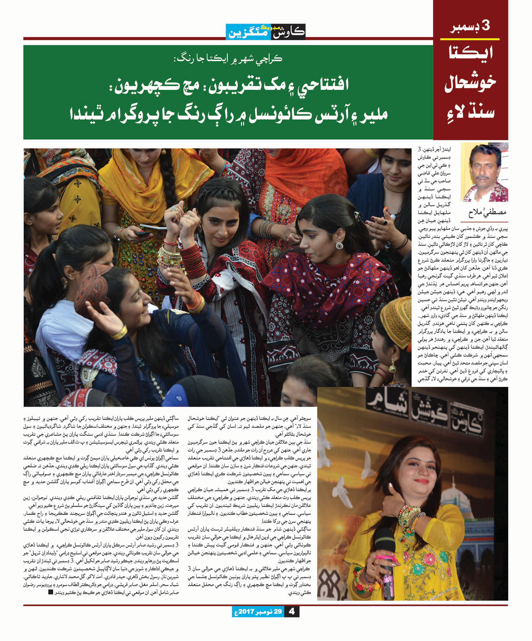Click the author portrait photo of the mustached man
pyautogui.click(x=484, y=173)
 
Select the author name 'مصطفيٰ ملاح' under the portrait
pyautogui.click(x=487, y=213)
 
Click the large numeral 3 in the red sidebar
pyautogui.click(x=485, y=26)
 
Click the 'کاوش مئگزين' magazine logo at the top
pyautogui.click(x=266, y=32)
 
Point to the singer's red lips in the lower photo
pyautogui.click(x=421, y=481)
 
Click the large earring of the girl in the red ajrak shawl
pyautogui.click(x=339, y=246)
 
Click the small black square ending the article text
pyautogui.click(x=50, y=592)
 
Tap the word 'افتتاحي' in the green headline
pyautogui.click(x=316, y=85)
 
